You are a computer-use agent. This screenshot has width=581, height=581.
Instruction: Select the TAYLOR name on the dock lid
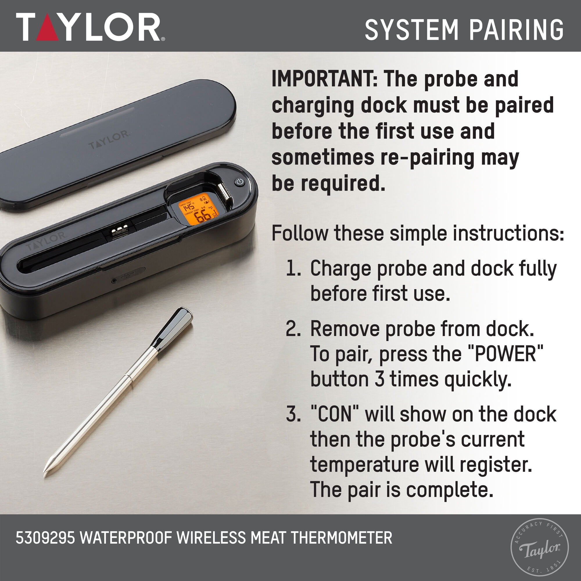tap(109, 139)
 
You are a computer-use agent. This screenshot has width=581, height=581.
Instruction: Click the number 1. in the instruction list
tap(293, 268)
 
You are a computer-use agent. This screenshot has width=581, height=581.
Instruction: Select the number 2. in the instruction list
tap(293, 329)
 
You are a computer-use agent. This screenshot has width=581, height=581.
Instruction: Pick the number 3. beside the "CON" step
tap(293, 414)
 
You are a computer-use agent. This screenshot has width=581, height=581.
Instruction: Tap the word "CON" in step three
tap(334, 414)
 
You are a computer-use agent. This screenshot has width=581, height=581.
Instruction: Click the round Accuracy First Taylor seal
tap(539, 547)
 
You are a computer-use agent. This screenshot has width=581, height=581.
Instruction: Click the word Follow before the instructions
tap(300, 233)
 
